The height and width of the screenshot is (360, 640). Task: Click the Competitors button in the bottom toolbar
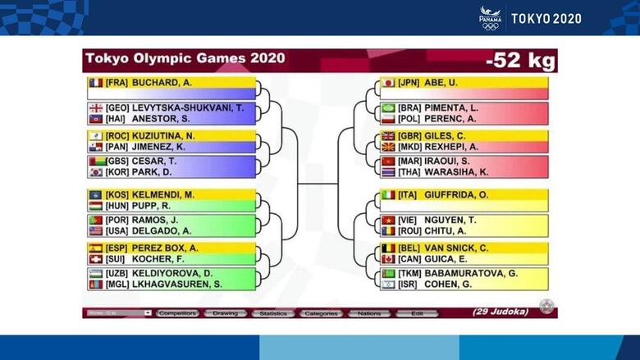pyautogui.click(x=177, y=313)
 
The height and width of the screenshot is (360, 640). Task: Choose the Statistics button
pyautogui.click(x=272, y=313)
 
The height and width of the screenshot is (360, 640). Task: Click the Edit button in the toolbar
pyautogui.click(x=417, y=313)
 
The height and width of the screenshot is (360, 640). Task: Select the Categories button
pyautogui.click(x=321, y=313)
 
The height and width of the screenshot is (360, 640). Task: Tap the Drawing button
pyautogui.click(x=224, y=313)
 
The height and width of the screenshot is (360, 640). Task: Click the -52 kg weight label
pyautogui.click(x=519, y=60)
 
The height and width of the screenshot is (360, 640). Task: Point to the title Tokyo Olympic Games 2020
pyautogui.click(x=185, y=59)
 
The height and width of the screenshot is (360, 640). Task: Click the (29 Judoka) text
pyautogui.click(x=500, y=312)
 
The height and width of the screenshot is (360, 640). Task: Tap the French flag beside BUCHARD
pyautogui.click(x=95, y=83)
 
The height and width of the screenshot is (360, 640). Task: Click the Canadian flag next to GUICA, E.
pyautogui.click(x=388, y=259)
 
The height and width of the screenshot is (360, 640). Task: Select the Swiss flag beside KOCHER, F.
pyautogui.click(x=95, y=259)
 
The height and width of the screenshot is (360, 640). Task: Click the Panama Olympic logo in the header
pyautogui.click(x=490, y=17)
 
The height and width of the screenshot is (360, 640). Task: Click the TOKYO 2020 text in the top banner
pyautogui.click(x=546, y=18)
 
